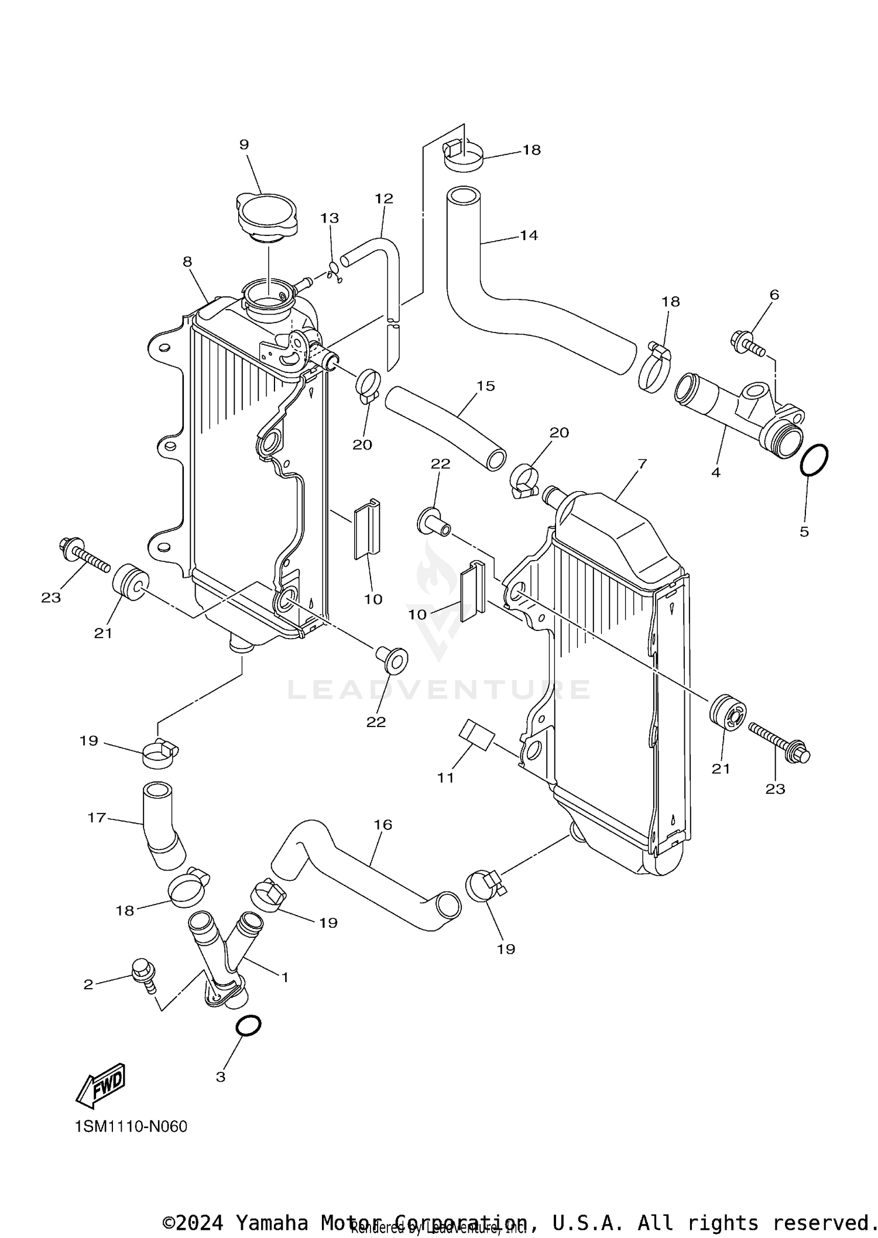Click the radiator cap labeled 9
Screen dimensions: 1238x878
pyautogui.click(x=267, y=215)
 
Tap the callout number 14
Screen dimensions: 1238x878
pyautogui.click(x=529, y=235)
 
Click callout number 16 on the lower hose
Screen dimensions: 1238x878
pyautogui.click(x=383, y=825)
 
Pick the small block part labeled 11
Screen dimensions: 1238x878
pyautogui.click(x=477, y=735)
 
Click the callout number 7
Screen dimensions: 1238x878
pyautogui.click(x=642, y=464)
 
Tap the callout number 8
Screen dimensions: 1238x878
pyautogui.click(x=187, y=262)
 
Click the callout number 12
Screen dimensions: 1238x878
pyautogui.click(x=384, y=198)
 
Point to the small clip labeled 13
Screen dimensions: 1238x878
pyautogui.click(x=334, y=271)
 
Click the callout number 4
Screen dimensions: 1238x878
pyautogui.click(x=716, y=472)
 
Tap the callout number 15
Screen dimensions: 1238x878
pyautogui.click(x=486, y=386)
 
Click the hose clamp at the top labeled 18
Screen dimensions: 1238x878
pyautogui.click(x=463, y=155)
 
